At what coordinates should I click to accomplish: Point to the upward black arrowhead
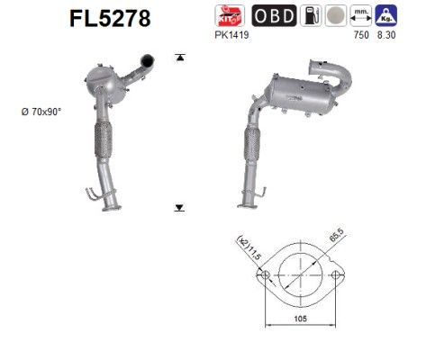point(179,57)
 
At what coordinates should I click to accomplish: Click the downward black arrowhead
point(179,206)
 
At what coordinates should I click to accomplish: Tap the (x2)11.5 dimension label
point(249,255)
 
